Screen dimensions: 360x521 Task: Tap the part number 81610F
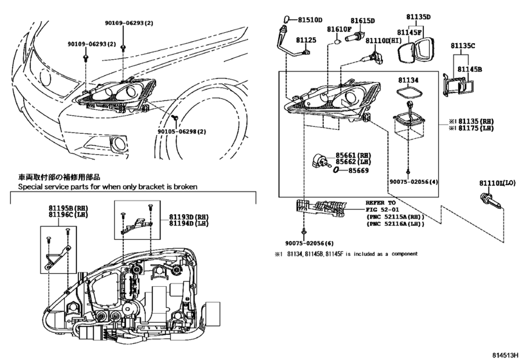click(339, 30)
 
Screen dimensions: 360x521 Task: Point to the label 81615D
click(362, 21)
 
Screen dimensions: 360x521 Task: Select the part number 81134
click(407, 80)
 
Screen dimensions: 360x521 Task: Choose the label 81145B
click(471, 67)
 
